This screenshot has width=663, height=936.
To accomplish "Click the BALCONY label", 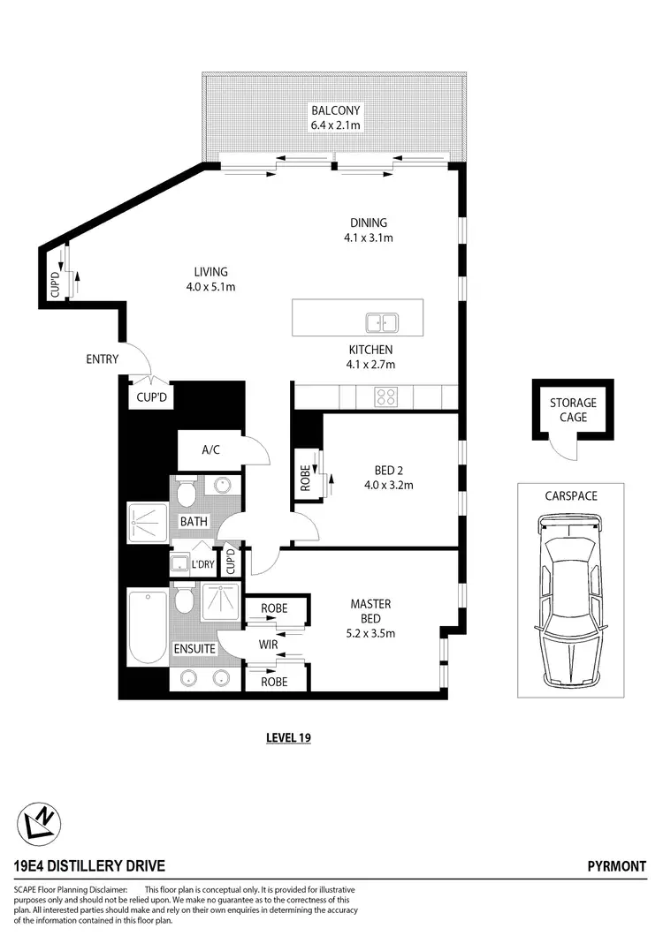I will coord(335,111).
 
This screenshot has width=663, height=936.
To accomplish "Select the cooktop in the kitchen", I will coord(385,396).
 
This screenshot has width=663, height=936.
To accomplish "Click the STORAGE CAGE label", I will coord(573,410).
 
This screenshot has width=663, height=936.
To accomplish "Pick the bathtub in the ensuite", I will coord(147,626).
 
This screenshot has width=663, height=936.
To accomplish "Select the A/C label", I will coord(210,449).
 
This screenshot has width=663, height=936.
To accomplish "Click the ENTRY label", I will coord(103,359).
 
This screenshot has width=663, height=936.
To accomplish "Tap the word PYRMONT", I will coord(617,866).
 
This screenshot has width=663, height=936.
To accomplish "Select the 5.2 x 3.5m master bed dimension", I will coord(371,632).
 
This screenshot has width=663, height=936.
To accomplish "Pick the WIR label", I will coord(269,645).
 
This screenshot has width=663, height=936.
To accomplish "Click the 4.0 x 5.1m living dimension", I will coord(211,286).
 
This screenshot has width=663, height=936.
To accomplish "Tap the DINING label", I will coord(368,223).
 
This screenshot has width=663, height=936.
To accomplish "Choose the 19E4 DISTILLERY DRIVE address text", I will coord(89,866).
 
